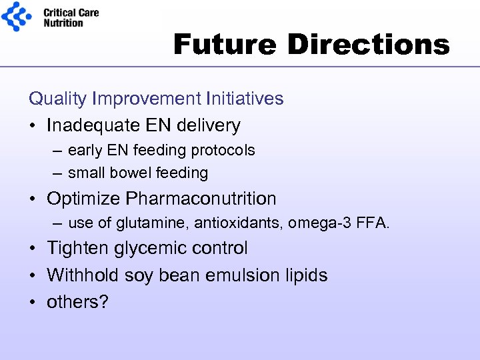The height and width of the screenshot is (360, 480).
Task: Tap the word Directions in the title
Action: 369,45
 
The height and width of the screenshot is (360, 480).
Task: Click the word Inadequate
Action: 89,125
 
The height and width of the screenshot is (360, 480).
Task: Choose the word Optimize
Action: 84,199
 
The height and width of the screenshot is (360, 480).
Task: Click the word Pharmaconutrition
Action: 201,199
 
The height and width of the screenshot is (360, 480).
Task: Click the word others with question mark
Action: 77,302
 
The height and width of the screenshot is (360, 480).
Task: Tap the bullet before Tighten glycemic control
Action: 33,249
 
